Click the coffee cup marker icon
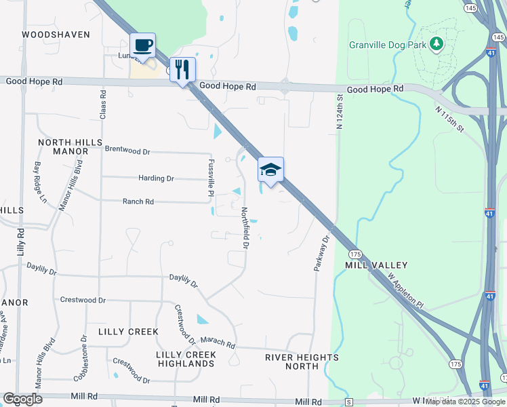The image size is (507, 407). (x=143, y=45)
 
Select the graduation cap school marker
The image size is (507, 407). (x=270, y=170)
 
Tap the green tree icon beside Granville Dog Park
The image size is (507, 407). (x=437, y=45)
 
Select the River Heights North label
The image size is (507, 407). (x=302, y=362)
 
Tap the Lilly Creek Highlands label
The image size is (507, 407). (x=186, y=359)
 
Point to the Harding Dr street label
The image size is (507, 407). (x=156, y=178)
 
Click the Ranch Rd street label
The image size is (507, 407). (x=138, y=201)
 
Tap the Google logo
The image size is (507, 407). (x=22, y=399)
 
